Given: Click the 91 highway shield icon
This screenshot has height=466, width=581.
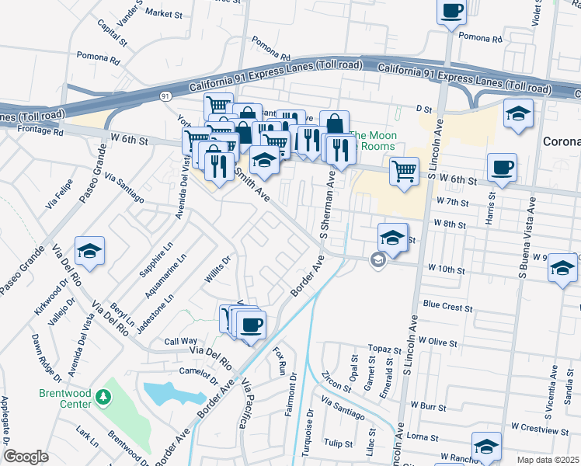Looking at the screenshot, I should pos(165,96).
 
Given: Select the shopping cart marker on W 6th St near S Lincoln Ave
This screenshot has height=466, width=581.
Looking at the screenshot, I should pos(404,170).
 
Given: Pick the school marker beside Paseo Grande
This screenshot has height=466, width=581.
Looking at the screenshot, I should pos(91,250).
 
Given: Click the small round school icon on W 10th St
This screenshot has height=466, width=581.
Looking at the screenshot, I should pos(377,260).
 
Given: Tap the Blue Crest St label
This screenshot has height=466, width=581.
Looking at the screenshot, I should pos(447,307).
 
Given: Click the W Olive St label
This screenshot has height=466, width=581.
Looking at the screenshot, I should pos(437,340).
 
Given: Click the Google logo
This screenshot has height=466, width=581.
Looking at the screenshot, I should pos(26,457).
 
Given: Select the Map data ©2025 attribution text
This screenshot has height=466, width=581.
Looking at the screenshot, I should pos(548,460).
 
